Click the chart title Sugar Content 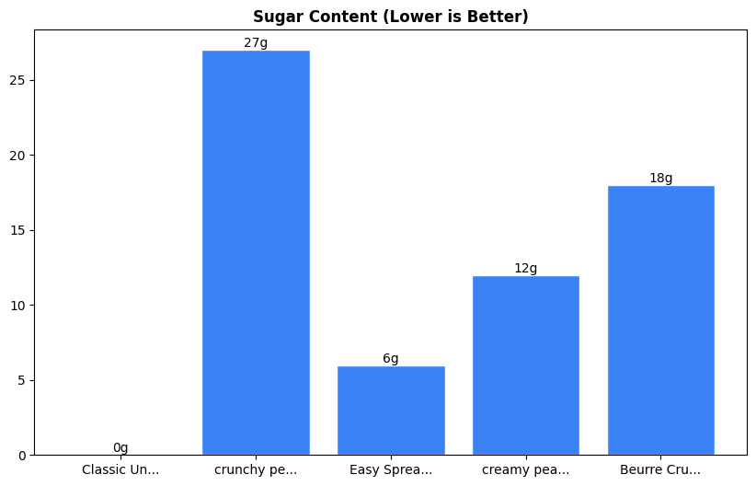click(391, 17)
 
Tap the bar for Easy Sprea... click(391, 411)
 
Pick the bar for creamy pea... click(526, 365)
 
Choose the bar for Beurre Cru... click(661, 320)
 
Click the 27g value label click(256, 43)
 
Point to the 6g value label click(391, 359)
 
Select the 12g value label click(526, 269)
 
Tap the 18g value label click(661, 179)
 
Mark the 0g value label click(120, 448)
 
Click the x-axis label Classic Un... click(120, 470)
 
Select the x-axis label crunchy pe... click(256, 470)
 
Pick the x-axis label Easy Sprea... click(391, 470)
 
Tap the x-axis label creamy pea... click(526, 470)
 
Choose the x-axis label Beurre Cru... click(661, 470)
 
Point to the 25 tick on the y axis click(18, 80)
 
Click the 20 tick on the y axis click(18, 156)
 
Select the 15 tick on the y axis click(18, 230)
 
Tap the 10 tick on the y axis click(18, 306)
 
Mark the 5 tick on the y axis click(22, 380)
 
